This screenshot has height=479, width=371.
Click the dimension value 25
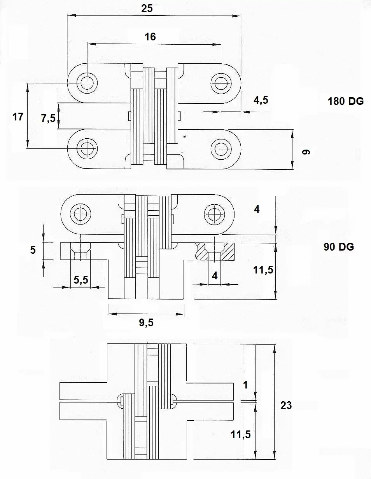[x=147, y=9]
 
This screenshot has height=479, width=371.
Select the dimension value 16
[x=150, y=37]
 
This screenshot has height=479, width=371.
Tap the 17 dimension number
[x=18, y=117]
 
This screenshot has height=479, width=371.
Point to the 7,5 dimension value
[x=48, y=119]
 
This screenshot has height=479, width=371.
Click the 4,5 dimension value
[x=261, y=100]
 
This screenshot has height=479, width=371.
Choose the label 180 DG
[x=346, y=101]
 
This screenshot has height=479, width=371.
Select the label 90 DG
[x=339, y=247]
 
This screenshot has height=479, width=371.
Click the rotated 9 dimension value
[x=306, y=152]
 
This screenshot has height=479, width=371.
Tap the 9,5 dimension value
[x=146, y=323]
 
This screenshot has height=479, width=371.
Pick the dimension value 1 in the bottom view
[x=245, y=385]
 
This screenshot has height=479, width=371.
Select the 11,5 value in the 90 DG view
[x=263, y=270]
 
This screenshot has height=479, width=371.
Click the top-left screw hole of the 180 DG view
[x=87, y=83]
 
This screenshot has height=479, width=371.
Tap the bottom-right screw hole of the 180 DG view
[x=221, y=149]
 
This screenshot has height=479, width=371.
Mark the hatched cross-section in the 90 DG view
[x=215, y=251]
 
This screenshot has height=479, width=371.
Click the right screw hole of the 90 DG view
[x=214, y=214]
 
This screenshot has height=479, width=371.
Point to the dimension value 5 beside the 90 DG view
[x=33, y=250]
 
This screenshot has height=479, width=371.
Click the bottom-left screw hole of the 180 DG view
[x=87, y=148]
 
